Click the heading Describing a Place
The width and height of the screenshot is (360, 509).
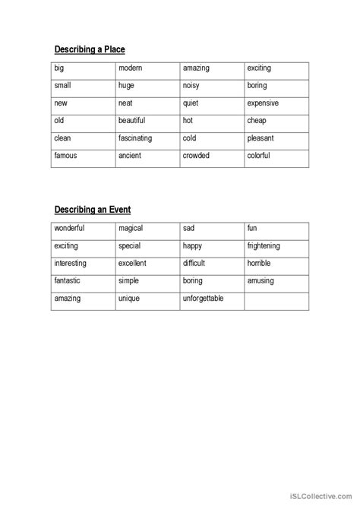(x=89, y=49)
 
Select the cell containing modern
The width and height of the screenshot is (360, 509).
(x=131, y=68)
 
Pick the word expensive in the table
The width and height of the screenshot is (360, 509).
(x=263, y=103)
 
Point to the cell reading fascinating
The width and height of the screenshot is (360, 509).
(x=135, y=138)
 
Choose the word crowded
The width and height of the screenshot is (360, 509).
(x=196, y=156)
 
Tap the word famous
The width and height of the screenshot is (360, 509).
(x=65, y=156)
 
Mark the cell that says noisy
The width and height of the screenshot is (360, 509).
(x=192, y=86)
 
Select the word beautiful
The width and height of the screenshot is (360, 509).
(x=134, y=121)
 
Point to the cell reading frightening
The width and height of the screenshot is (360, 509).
(x=264, y=246)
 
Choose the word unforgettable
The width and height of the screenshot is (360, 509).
(x=203, y=299)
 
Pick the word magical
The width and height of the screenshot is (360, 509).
(x=131, y=228)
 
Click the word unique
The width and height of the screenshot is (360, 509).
(x=129, y=299)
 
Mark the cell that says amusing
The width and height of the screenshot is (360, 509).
(x=261, y=281)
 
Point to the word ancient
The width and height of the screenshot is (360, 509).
(x=130, y=156)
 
